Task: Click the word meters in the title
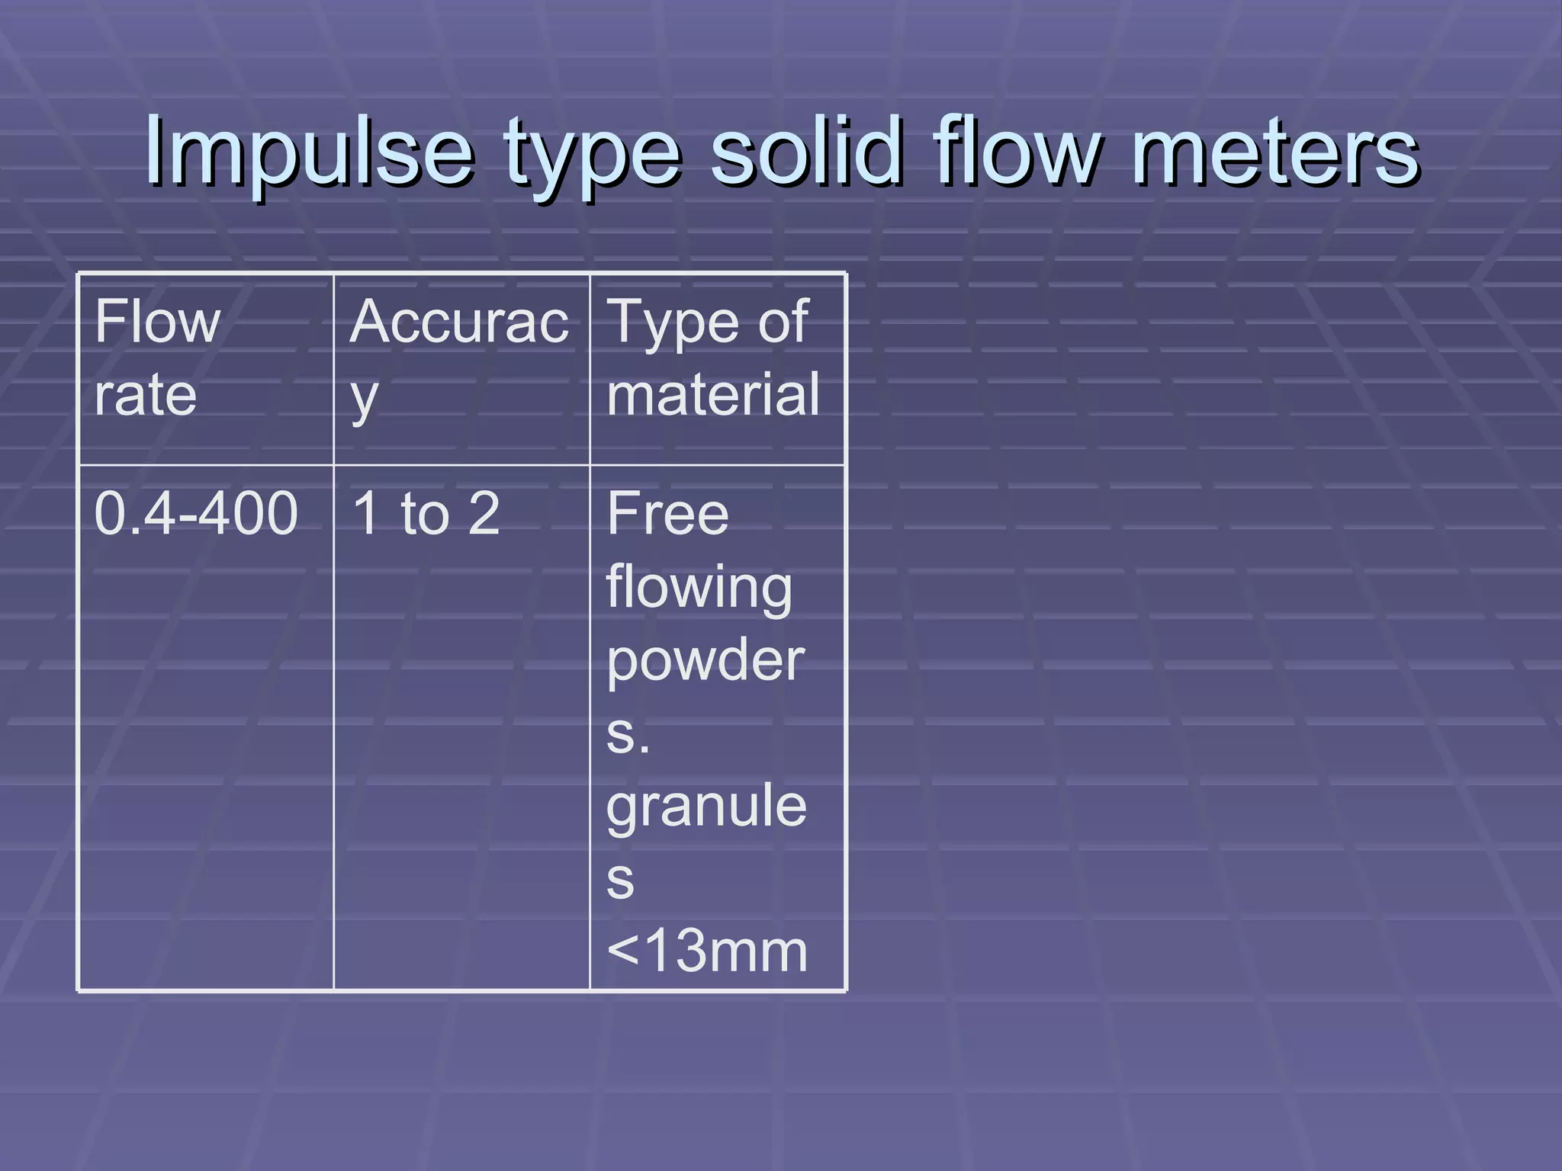(x=1274, y=152)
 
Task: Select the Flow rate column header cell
(x=206, y=370)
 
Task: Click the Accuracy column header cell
(x=461, y=370)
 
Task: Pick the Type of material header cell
(x=717, y=370)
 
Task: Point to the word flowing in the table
(x=699, y=589)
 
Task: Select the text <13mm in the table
(x=707, y=951)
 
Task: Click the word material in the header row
(x=713, y=394)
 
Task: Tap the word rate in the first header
(x=146, y=394)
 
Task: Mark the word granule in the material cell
(x=706, y=807)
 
